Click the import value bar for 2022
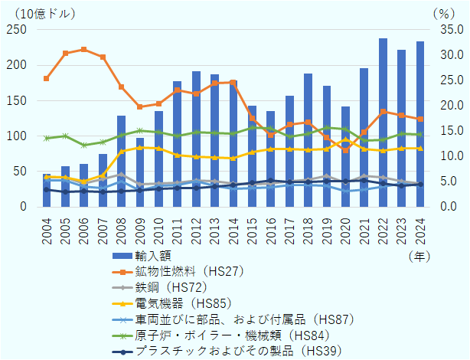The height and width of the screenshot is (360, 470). tap(383, 123)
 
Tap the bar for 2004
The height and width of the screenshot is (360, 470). tap(47, 191)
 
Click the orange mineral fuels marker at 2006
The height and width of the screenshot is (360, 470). tap(84, 49)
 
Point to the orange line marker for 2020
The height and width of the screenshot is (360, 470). tap(345, 150)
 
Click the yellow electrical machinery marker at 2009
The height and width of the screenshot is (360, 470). tap(140, 148)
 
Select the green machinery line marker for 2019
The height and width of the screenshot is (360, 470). tap(327, 128)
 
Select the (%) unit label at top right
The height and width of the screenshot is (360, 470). tap(442, 13)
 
